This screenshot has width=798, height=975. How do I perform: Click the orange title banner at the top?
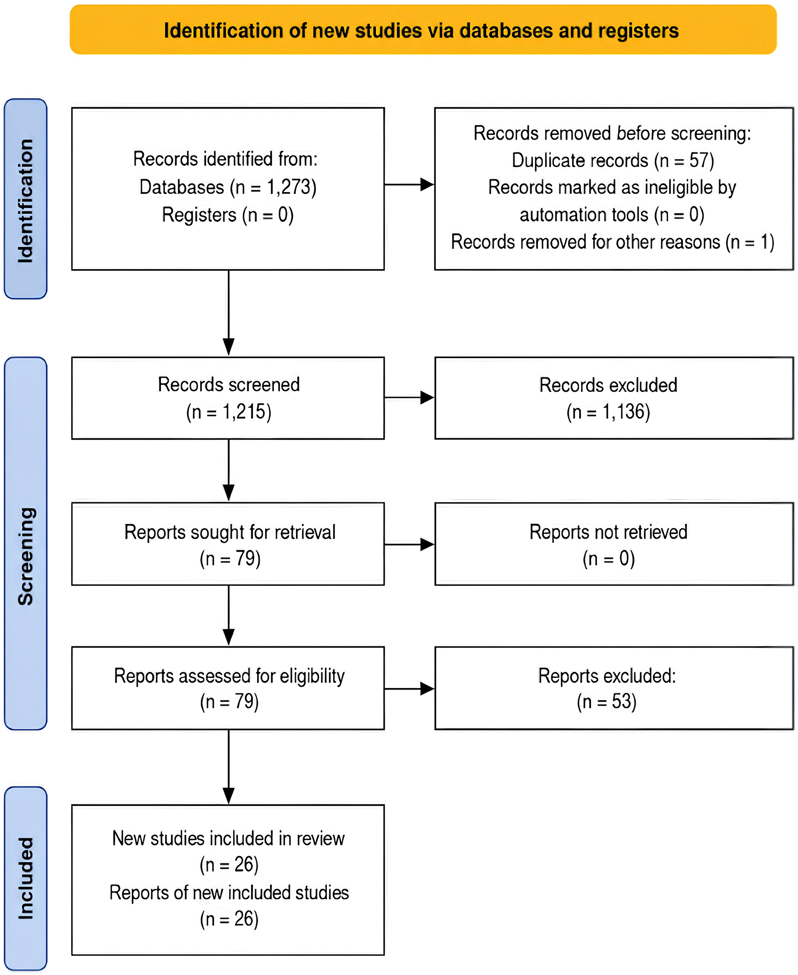tap(423, 30)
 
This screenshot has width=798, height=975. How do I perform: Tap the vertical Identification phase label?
tap(25, 199)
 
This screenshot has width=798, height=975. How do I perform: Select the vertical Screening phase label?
tap(25, 543)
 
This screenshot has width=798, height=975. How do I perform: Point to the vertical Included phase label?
tap(25, 878)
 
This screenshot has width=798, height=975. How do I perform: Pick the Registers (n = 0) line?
tap(228, 215)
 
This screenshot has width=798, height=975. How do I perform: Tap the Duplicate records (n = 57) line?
tap(613, 160)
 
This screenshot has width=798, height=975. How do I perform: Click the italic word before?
tap(641, 133)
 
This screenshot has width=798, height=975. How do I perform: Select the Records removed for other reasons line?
tap(613, 242)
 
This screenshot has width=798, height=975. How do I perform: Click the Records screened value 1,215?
tap(244, 412)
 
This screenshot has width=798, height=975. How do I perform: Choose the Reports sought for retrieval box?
tap(228, 544)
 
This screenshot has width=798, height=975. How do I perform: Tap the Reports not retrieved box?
tap(614, 544)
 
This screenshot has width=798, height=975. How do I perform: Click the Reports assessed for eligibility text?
tap(229, 676)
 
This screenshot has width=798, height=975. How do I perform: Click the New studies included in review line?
tap(228, 839)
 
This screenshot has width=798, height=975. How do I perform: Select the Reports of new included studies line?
tap(229, 893)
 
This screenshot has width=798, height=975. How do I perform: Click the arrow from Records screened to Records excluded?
tap(410, 397)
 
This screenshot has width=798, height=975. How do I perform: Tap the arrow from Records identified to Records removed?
tap(410, 185)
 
